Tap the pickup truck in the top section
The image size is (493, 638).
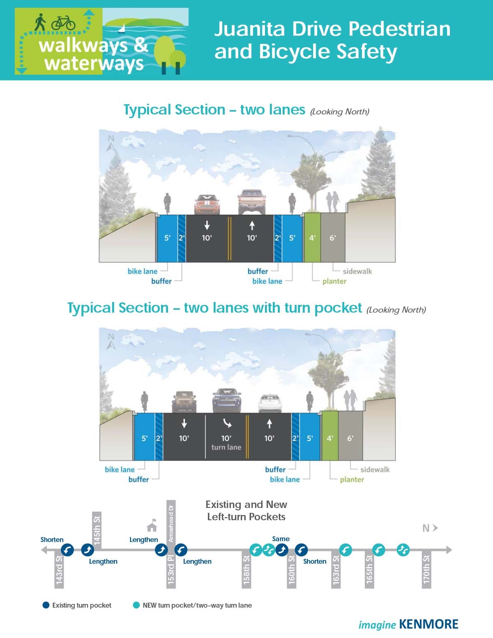pyautogui.click(x=251, y=201)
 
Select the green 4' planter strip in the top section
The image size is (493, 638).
pyautogui.click(x=312, y=237)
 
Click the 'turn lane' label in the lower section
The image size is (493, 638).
pyautogui.click(x=226, y=447)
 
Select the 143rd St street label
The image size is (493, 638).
pyautogui.click(x=59, y=569)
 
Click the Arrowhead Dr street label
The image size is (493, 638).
pyautogui.click(x=171, y=524)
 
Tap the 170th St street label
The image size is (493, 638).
pyautogui.click(x=426, y=569)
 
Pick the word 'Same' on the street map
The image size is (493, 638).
pyautogui.click(x=281, y=539)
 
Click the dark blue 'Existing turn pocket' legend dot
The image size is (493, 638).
pyautogui.click(x=46, y=605)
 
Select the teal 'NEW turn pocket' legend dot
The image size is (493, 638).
pyautogui.click(x=136, y=605)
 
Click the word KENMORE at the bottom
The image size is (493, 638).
pyautogui.click(x=428, y=624)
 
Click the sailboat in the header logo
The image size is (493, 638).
pyautogui.click(x=122, y=29)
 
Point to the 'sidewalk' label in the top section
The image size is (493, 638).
pyautogui.click(x=357, y=271)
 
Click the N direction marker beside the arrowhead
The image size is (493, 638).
pyautogui.click(x=426, y=528)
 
